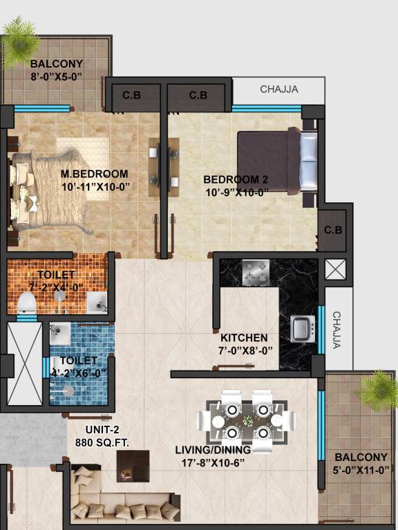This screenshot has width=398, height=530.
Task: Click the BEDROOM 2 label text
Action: [x=236, y=179]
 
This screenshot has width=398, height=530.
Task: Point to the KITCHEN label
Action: [x=244, y=338]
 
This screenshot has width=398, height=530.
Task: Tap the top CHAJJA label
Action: [x=278, y=89]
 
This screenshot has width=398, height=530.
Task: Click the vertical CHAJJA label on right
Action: [x=337, y=330]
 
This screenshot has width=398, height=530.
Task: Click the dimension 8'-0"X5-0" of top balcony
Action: [x=57, y=77]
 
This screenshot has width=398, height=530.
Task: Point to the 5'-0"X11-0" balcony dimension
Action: [x=362, y=470]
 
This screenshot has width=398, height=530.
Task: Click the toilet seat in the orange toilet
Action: [x=26, y=302]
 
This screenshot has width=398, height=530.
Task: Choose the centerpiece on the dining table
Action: [x=246, y=418]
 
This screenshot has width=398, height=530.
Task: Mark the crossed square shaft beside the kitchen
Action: [x=334, y=270]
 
